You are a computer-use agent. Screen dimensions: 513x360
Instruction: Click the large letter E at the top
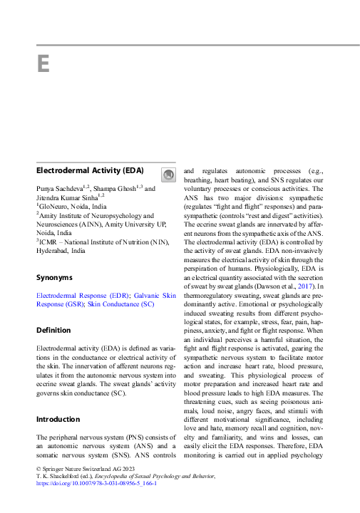[x=43, y=64]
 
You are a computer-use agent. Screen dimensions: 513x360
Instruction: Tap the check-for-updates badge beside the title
[x=167, y=175]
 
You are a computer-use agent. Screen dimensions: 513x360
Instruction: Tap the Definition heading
[x=54, y=330]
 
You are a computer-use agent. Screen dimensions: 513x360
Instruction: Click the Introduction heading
[x=58, y=419]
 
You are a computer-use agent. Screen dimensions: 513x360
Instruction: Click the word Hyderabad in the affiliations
[x=56, y=251]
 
